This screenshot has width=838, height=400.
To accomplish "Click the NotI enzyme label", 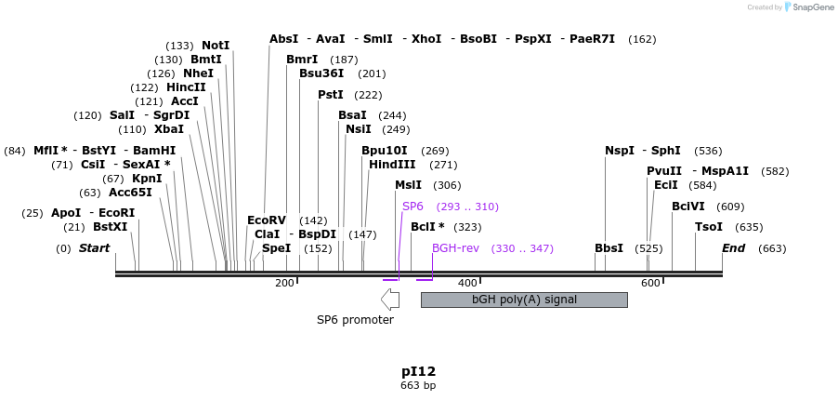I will click(215, 46).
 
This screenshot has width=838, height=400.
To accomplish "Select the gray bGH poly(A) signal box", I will click(524, 300).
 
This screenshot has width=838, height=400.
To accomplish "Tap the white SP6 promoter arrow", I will click(390, 299).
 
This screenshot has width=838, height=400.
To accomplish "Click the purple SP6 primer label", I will click(412, 207).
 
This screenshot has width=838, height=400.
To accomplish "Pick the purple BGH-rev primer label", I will click(455, 248).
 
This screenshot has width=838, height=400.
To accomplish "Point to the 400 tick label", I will click(466, 283).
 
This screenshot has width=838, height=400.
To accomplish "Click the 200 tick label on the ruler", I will click(284, 283).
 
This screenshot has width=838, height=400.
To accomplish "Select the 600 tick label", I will click(649, 283).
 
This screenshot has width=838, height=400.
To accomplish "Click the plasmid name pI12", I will click(418, 371).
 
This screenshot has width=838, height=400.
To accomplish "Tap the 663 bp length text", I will click(418, 385).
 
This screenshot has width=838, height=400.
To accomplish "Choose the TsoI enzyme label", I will click(709, 227).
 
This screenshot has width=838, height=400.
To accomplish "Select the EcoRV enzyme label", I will click(267, 220).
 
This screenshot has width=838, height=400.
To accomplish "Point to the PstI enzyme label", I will click(331, 95).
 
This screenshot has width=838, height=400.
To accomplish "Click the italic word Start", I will click(94, 248).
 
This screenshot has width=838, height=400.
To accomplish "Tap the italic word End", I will click(734, 248).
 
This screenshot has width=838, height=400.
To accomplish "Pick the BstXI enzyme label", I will click(110, 227).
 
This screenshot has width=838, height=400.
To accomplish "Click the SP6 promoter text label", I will click(355, 320).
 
